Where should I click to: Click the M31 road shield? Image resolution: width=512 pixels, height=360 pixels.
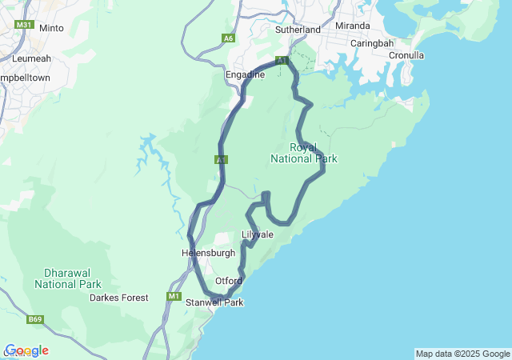pyautogui.click(x=23, y=25)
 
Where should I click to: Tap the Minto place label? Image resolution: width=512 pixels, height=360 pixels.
pyautogui.click(x=51, y=28)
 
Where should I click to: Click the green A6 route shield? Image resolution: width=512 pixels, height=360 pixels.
pyautogui.click(x=229, y=38)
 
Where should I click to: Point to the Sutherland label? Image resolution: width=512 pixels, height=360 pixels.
pyautogui.click(x=298, y=30)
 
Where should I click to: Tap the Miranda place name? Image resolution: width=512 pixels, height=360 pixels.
pyautogui.click(x=353, y=26)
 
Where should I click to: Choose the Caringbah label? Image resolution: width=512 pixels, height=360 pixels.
pyautogui.click(x=370, y=42)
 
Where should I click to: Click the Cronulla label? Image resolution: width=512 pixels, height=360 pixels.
pyautogui.click(x=406, y=55)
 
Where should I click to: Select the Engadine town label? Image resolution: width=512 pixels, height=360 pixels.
pyautogui.click(x=245, y=74)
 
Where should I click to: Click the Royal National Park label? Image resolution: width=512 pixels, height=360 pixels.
pyautogui.click(x=304, y=153)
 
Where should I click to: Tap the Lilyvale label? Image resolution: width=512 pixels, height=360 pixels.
pyautogui.click(x=258, y=234)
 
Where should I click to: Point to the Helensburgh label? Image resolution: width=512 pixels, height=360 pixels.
pyautogui.click(x=209, y=253)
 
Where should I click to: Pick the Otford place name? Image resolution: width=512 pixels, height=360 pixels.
pyautogui.click(x=228, y=281)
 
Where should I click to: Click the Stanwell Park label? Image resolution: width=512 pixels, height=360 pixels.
pyautogui.click(x=214, y=302)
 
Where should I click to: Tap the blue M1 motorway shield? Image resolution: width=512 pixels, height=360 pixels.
pyautogui.click(x=174, y=297)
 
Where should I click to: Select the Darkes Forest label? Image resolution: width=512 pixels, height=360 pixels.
pyautogui.click(x=119, y=298)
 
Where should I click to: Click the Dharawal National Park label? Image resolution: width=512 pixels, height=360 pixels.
pyautogui.click(x=68, y=278)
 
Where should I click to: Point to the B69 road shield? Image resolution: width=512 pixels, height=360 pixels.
pyautogui.click(x=35, y=320)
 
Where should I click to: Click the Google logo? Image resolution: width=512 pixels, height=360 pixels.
pyautogui.click(x=26, y=350)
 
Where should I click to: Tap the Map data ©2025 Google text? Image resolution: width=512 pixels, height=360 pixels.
pyautogui.click(x=462, y=354)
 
